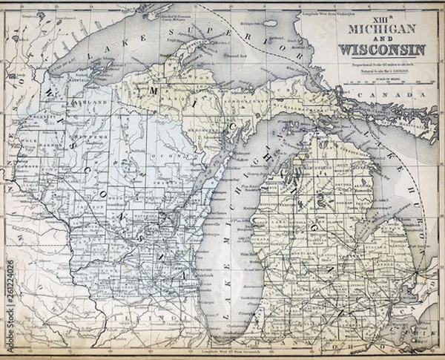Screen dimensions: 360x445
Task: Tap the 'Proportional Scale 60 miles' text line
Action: click(x=382, y=65)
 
